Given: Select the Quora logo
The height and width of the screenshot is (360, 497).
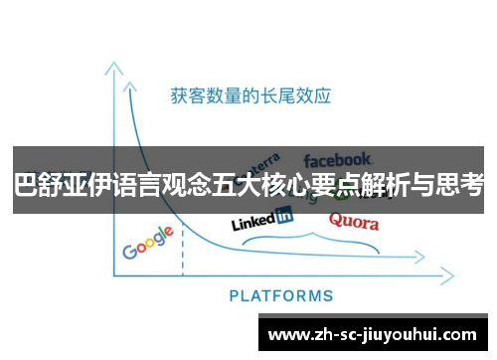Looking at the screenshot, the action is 353,221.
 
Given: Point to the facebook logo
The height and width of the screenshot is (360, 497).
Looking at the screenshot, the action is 338,159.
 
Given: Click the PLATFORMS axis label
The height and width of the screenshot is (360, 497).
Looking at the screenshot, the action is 281,295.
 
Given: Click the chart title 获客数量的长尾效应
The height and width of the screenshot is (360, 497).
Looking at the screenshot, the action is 250,95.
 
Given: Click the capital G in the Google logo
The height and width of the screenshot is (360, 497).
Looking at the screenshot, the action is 129,251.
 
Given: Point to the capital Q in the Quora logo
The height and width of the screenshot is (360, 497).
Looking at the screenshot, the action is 335,219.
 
